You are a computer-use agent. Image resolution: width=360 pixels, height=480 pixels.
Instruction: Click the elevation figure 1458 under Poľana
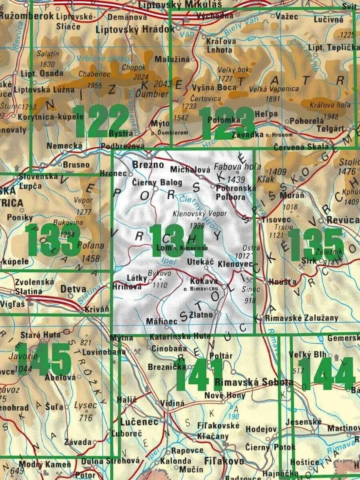coord(90,259)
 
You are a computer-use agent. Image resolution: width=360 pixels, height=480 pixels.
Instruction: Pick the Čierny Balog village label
coord(157,183)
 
